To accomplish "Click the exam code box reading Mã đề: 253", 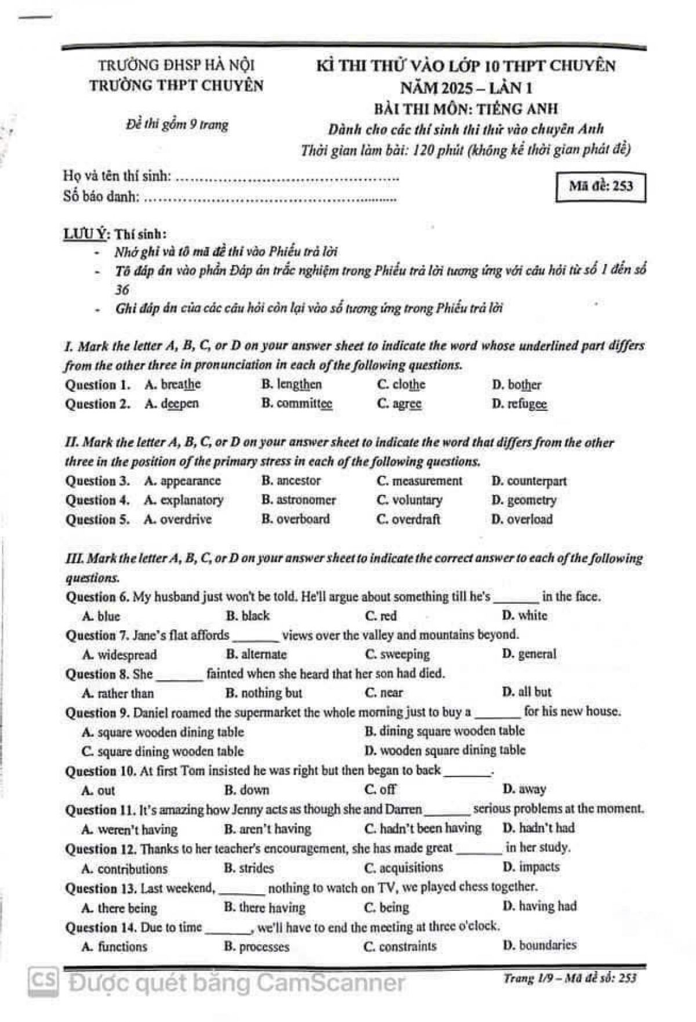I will (x=600, y=187).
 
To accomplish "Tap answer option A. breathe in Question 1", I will (x=173, y=385).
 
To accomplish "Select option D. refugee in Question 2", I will (x=519, y=404).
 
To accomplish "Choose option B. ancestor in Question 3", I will (x=291, y=481).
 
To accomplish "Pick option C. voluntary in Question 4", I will (x=409, y=500).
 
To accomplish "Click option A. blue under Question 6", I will (x=101, y=616).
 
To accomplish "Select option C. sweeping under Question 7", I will (x=398, y=655).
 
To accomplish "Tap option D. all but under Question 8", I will (x=527, y=692).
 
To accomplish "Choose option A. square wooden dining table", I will (x=163, y=732).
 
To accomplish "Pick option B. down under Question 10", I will (x=246, y=790).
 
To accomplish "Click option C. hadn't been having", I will (x=423, y=829).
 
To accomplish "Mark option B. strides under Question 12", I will (x=249, y=869).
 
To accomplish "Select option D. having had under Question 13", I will (x=539, y=907).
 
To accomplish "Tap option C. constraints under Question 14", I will (x=400, y=947).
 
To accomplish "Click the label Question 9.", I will (x=97, y=713).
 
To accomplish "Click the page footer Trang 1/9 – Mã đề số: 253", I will (x=570, y=978).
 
